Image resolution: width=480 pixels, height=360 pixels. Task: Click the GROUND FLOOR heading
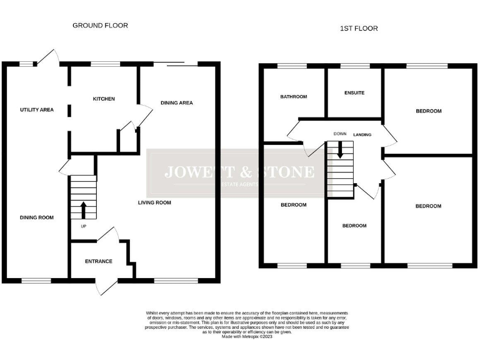click(x=100, y=26)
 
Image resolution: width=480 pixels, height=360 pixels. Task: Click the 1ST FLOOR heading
click(x=359, y=28)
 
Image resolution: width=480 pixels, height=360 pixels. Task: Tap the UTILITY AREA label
click(x=37, y=109)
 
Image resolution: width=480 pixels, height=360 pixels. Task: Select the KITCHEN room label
click(x=104, y=99)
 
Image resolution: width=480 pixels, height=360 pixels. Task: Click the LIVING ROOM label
click(x=154, y=202)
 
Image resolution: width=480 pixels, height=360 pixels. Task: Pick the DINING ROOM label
click(x=36, y=217)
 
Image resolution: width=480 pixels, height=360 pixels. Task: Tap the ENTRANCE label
click(x=99, y=261)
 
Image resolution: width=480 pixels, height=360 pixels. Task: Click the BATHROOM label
click(x=293, y=97)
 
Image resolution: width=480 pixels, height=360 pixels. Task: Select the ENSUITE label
click(x=354, y=93)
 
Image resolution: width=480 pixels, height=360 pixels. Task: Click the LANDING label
click(x=362, y=134)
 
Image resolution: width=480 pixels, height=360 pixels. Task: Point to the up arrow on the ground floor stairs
click(x=82, y=209)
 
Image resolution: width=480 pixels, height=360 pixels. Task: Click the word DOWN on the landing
click(x=340, y=134)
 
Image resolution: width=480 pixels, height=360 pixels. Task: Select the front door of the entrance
click(x=103, y=287)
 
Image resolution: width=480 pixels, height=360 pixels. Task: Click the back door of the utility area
click(x=47, y=57)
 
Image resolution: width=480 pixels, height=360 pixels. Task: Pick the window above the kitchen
click(x=106, y=63)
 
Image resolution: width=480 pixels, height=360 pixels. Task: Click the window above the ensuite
click(x=354, y=65)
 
